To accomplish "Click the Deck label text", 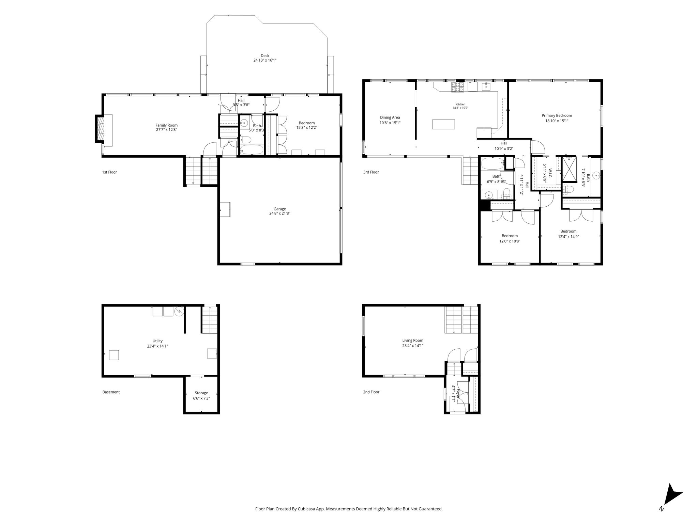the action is [x=265, y=56].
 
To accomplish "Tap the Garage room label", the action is [x=279, y=209].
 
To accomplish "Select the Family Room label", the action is [x=167, y=125].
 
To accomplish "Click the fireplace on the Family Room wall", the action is [x=100, y=129].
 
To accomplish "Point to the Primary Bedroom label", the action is [x=557, y=116].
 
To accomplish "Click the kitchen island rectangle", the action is [x=444, y=124].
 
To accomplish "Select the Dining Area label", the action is [x=390, y=118].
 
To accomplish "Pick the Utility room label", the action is [x=157, y=341].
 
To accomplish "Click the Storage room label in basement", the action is [x=201, y=393].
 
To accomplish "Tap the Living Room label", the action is [x=413, y=340].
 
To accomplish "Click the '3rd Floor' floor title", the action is [x=371, y=172].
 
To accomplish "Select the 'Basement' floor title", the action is [x=111, y=392].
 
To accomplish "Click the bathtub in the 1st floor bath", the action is [x=252, y=150].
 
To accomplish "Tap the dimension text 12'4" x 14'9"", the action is [x=568, y=237].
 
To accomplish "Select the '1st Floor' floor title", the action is [x=109, y=172].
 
